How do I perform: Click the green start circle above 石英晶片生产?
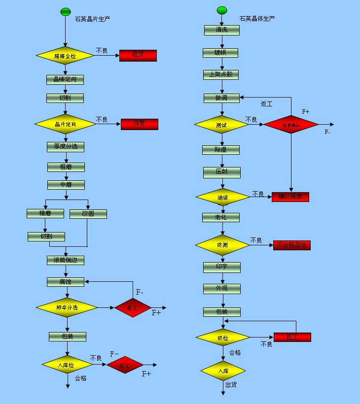coord(66,11)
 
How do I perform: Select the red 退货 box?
coord(138,55)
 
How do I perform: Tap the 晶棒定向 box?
coord(65,79)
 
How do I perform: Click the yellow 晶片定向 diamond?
coord(65,124)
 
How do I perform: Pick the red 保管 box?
coord(140,124)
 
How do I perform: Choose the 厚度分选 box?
coord(66,146)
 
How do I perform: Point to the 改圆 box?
coord(88,214)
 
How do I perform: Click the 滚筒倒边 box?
coord(66,260)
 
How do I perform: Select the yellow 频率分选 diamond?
coord(67,307)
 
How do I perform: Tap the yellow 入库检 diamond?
coord(68,365)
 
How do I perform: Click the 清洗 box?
coord(222,30)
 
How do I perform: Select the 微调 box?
coord(221,98)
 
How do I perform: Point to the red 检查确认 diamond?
coord(291,125)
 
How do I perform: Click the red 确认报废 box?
coord(290,197)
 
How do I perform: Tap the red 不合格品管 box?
coord(292,245)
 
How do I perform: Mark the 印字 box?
coord(222,267)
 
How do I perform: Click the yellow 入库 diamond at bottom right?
coord(223,370)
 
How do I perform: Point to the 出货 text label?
coord(231,384)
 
